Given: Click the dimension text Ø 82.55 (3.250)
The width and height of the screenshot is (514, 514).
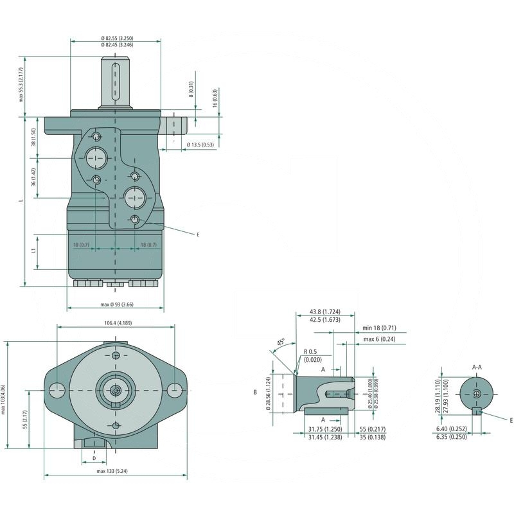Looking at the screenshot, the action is click(x=116, y=39).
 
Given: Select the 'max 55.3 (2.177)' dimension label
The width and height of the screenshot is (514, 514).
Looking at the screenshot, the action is click(x=21, y=85).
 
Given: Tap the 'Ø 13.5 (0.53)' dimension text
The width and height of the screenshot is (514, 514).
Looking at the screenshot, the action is click(x=200, y=145).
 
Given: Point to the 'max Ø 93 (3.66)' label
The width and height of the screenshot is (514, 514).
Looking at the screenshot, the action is click(x=116, y=304).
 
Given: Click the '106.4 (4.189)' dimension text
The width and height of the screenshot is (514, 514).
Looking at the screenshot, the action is click(x=116, y=323).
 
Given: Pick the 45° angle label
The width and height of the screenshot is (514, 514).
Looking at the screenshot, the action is click(x=281, y=342).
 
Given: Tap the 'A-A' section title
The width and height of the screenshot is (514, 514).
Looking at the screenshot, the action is click(x=478, y=367).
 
